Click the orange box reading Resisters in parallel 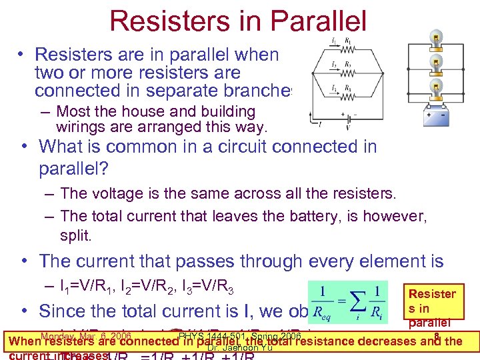click(432, 307)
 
